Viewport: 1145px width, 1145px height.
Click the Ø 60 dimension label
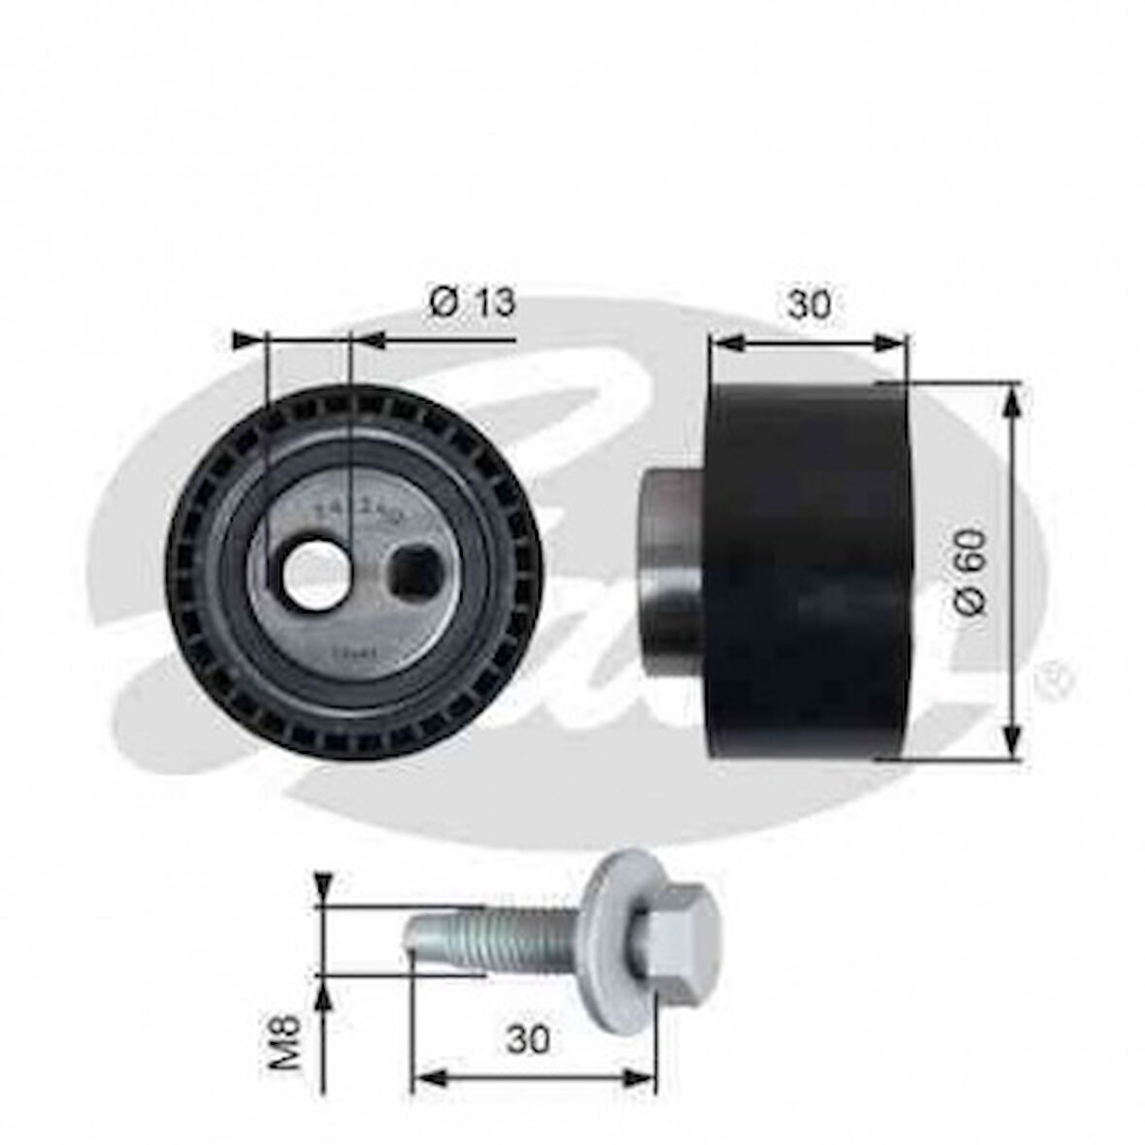click(970, 572)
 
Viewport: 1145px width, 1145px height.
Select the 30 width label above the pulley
click(808, 305)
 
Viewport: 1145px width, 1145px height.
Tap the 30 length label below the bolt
click(527, 1039)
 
